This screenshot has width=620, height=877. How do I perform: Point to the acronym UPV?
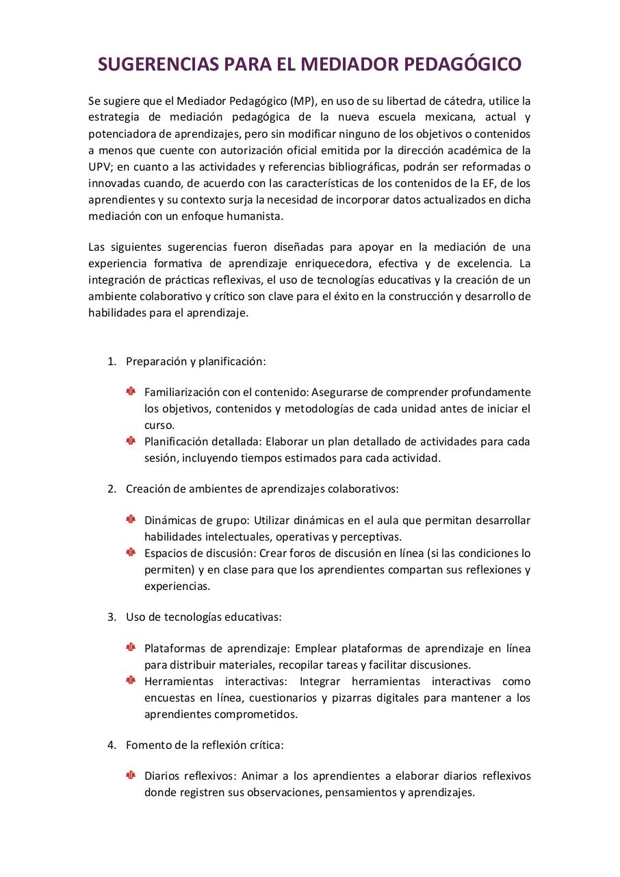(99, 166)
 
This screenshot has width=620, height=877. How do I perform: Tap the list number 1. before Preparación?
(112, 361)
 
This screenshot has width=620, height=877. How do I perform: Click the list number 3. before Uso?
(112, 617)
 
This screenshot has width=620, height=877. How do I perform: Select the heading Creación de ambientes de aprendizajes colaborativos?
(262, 489)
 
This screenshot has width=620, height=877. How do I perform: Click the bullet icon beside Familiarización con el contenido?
(131, 391)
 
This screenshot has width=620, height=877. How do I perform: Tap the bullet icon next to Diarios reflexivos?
(131, 775)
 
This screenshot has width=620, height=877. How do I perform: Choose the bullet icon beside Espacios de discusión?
(131, 552)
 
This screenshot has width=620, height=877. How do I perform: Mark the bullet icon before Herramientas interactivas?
(131, 680)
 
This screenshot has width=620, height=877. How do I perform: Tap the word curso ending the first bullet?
(159, 425)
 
